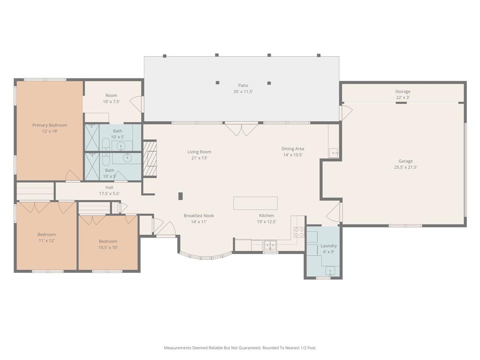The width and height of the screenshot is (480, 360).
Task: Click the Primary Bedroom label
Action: tap(50, 128)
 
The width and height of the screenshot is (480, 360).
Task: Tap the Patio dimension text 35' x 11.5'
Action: tap(243, 91)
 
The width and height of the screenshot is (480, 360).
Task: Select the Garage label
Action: tap(405, 164)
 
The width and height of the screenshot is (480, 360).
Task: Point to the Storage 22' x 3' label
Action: tap(403, 94)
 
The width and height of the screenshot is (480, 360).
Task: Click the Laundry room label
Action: tap(329, 249)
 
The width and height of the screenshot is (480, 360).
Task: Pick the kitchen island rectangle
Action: tap(255, 203)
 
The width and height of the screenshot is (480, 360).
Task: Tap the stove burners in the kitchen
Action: tap(299, 232)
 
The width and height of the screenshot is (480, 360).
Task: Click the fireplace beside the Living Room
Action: tap(150, 158)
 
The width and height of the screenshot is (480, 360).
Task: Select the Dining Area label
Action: tap(292, 151)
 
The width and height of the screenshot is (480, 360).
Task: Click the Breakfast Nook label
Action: tap(199, 218)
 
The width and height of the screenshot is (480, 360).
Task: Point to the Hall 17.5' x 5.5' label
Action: tap(109, 190)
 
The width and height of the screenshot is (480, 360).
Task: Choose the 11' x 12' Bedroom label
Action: tap(46, 238)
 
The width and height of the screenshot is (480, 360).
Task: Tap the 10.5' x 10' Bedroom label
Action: tap(108, 244)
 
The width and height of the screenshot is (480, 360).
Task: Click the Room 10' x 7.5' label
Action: tap(111, 98)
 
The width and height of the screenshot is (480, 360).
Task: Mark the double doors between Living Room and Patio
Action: tap(241, 129)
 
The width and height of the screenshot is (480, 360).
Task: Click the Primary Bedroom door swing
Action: tap(73, 175)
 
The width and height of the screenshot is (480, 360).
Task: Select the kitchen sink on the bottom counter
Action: tap(270, 245)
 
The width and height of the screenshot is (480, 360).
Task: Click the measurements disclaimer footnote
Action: tap(240, 348)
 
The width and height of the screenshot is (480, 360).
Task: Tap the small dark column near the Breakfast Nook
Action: tap(180, 196)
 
